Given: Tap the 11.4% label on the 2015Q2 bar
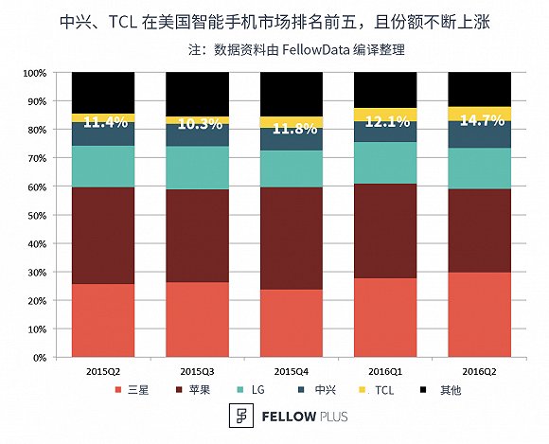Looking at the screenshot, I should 103,121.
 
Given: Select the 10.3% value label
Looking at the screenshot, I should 197,123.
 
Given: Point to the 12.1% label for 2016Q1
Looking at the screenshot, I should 385,121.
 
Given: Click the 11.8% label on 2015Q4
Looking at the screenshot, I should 291,130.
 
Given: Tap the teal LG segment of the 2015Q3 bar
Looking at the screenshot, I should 197,168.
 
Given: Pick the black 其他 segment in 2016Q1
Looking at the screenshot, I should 385,90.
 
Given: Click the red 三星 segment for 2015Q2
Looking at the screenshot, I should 103,321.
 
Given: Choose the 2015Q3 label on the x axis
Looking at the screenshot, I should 197,371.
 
